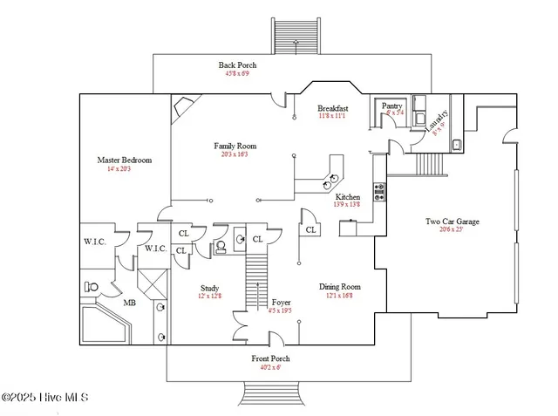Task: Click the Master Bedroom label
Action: pos(125,160)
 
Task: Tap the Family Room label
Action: pos(235,146)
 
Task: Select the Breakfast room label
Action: pos(333,108)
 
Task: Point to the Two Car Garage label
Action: pos(452,222)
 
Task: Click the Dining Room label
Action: pos(339,287)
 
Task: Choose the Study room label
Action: pos(209,288)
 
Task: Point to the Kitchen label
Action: pos(348,197)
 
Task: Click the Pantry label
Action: pos(392,105)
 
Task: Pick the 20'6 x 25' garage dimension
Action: pos(452,230)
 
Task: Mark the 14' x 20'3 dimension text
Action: pos(125,169)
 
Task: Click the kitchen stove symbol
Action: pos(379,192)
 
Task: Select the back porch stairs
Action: pos(293,35)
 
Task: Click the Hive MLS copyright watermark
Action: pos(45,399)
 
